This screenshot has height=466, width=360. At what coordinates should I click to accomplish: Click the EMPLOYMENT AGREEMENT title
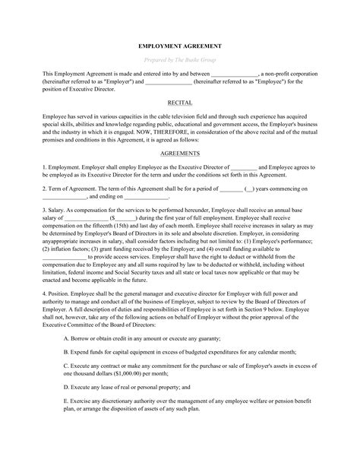pyautogui.click(x=180, y=43)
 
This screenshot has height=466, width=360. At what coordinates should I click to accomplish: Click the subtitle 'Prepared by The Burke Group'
pyautogui.click(x=180, y=59)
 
